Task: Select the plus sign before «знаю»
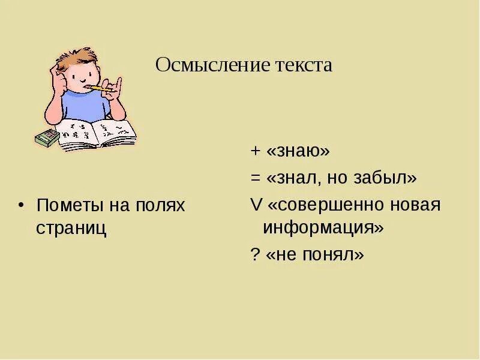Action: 254,152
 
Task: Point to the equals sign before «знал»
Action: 254,178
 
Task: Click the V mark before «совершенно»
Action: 256,205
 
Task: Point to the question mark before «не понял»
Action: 254,255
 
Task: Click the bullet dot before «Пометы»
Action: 22,205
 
